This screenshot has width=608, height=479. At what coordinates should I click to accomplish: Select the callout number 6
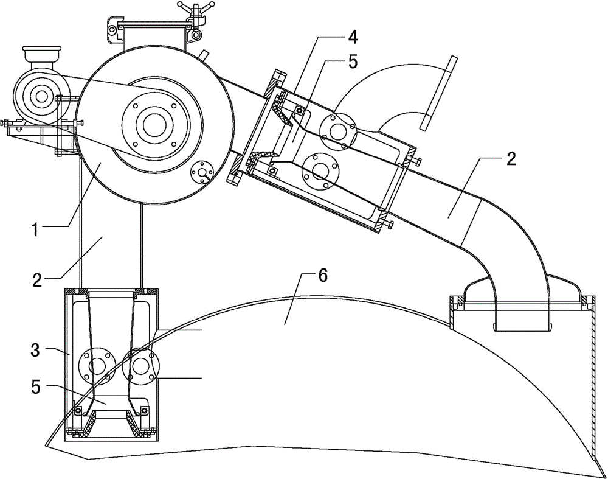(x=323, y=276)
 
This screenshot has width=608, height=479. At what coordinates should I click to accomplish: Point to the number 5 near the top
(x=353, y=62)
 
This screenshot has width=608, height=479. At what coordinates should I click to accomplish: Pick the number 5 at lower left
(x=36, y=388)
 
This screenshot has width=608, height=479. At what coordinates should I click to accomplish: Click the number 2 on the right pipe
(x=512, y=159)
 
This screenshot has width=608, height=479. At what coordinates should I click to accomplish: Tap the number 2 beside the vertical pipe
(x=37, y=280)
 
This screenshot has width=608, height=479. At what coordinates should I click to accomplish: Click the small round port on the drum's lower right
(x=202, y=171)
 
